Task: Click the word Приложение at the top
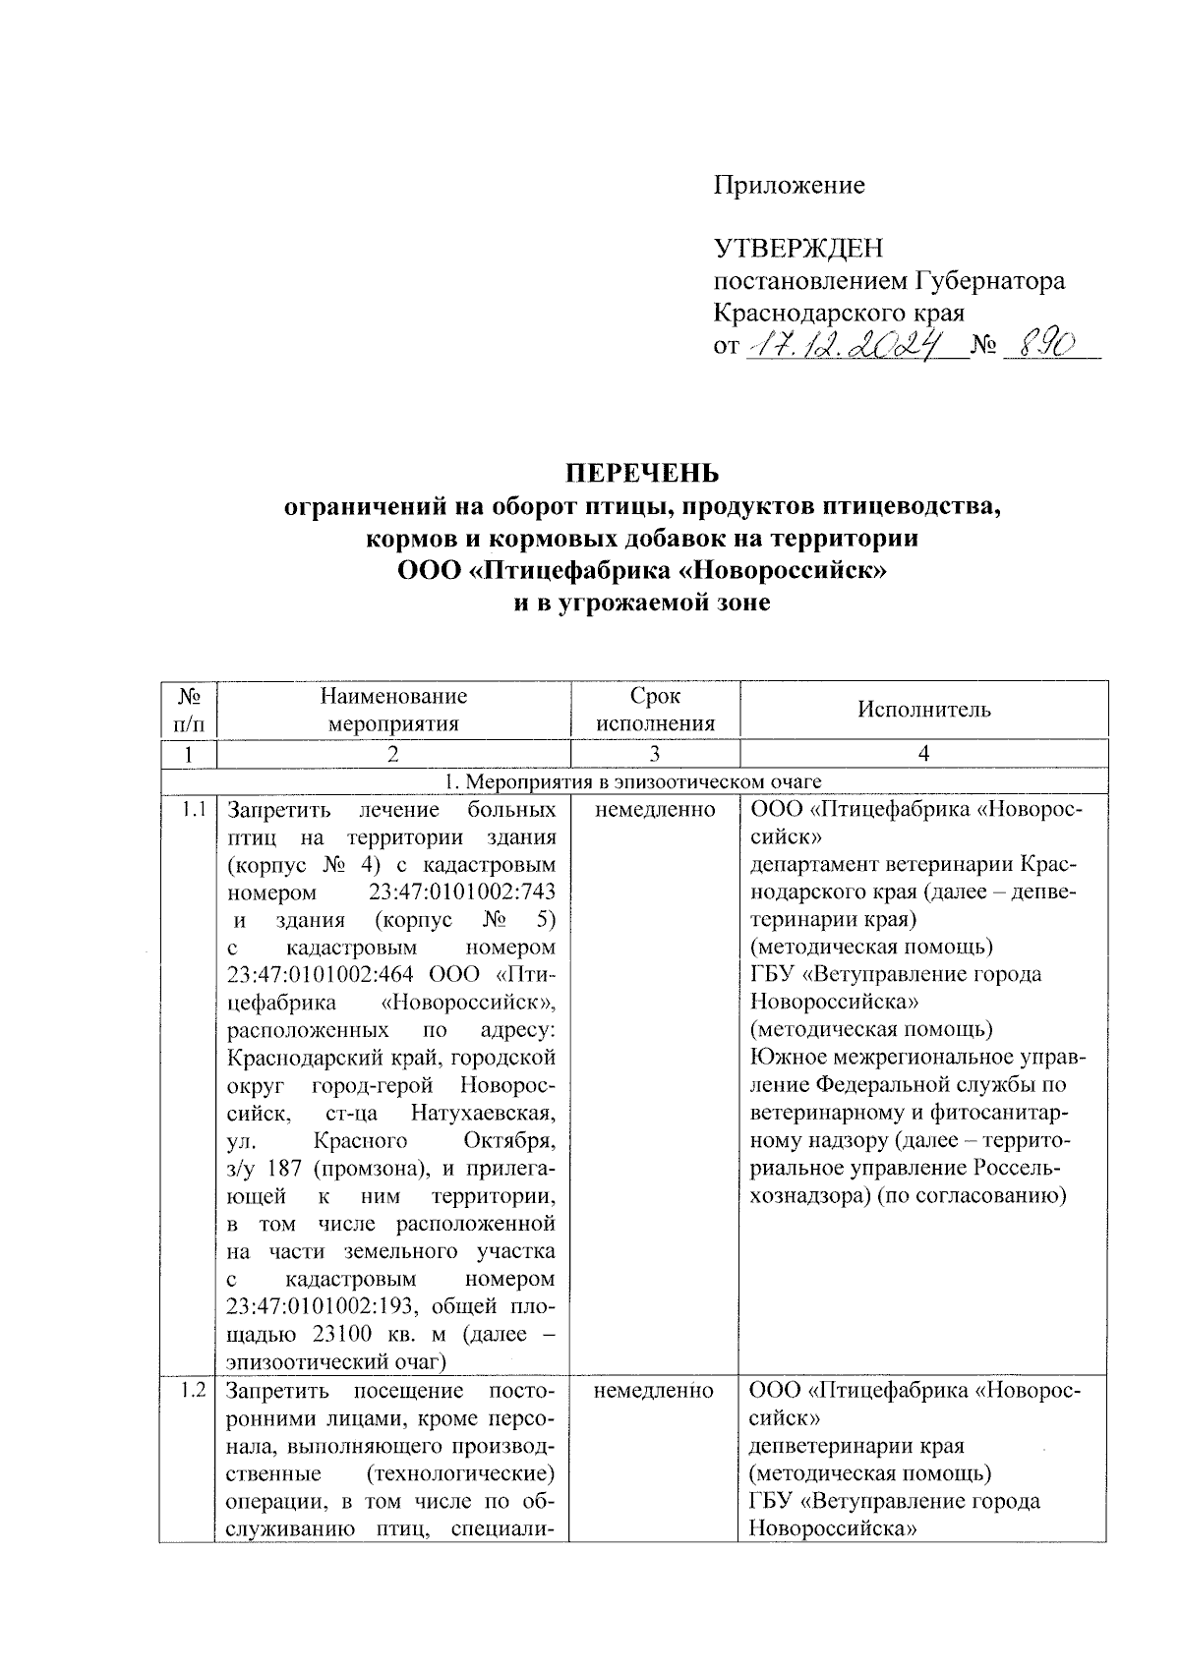pyautogui.click(x=789, y=185)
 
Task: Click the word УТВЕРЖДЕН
pyautogui.click(x=797, y=248)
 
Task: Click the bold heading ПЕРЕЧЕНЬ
pyautogui.click(x=641, y=474)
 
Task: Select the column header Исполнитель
pyautogui.click(x=923, y=710)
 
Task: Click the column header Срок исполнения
pyautogui.click(x=655, y=710)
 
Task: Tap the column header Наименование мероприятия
pyautogui.click(x=393, y=710)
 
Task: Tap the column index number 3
pyautogui.click(x=655, y=754)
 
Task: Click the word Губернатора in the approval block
pyautogui.click(x=990, y=281)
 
